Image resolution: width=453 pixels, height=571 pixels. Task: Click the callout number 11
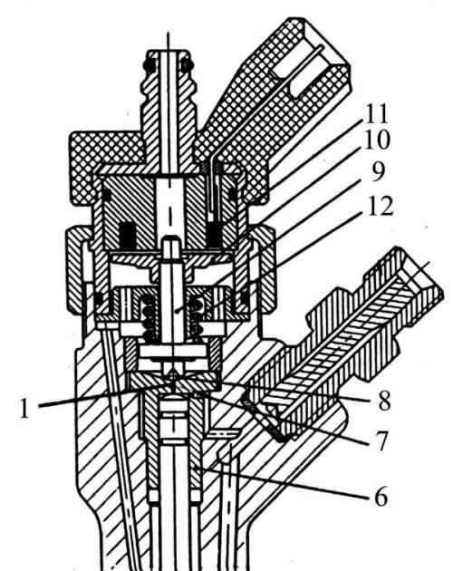[x=377, y=114]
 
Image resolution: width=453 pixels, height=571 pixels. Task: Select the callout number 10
[x=377, y=140]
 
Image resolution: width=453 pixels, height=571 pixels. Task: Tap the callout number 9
[x=378, y=171]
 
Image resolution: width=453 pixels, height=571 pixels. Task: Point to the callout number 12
[x=381, y=206]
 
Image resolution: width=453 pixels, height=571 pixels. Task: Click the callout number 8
[x=384, y=401]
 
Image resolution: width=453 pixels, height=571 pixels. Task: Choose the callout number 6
[x=381, y=497]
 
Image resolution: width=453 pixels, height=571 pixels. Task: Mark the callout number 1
[x=24, y=408]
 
